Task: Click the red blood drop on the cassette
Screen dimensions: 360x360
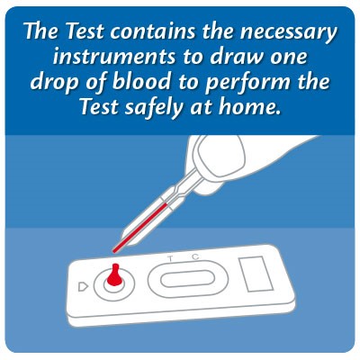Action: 114,274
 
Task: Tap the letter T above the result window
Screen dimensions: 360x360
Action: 170,258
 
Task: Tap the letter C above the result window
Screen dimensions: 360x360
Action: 195,256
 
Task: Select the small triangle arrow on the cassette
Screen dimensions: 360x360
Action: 83,287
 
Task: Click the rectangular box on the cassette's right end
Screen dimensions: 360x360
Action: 256,274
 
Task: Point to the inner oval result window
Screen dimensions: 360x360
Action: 187,279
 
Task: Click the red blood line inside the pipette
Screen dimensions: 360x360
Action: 140,227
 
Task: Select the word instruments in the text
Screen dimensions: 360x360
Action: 114,57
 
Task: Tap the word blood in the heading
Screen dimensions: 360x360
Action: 142,81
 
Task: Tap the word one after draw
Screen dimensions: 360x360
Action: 289,58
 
